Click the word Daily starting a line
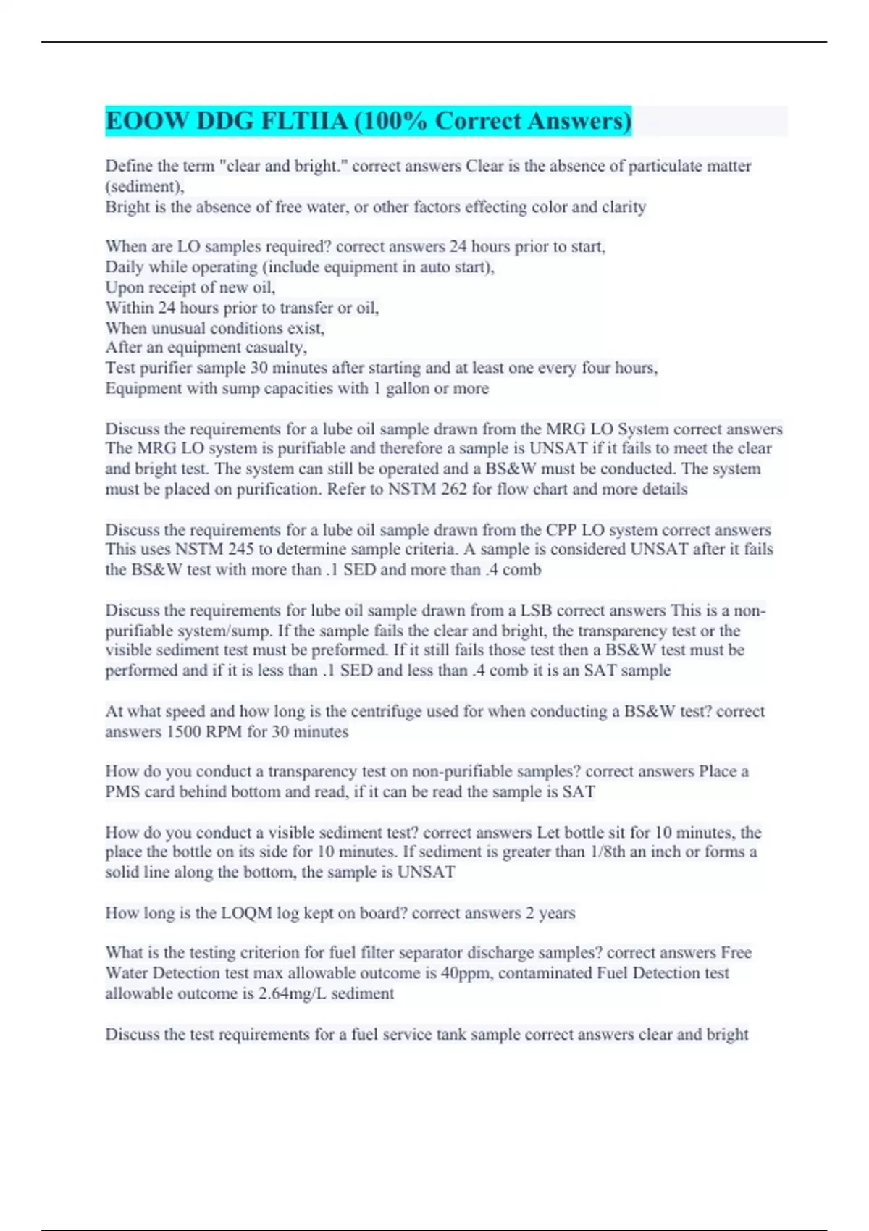tap(125, 267)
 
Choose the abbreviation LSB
tap(536, 610)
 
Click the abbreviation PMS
tap(123, 792)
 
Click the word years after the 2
tap(557, 913)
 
